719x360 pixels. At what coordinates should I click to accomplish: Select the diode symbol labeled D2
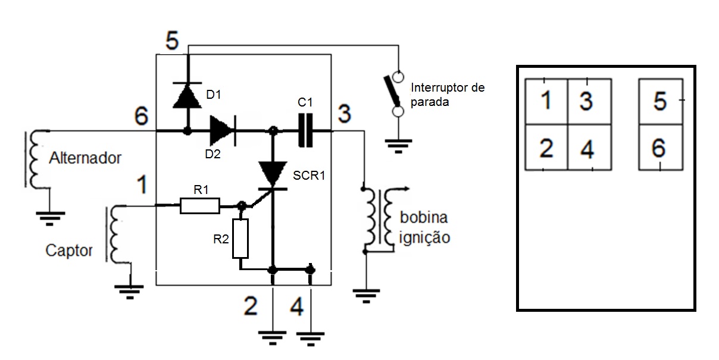(x=221, y=130)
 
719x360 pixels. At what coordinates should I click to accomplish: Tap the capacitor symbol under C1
(x=305, y=130)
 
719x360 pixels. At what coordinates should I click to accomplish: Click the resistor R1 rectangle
(x=199, y=206)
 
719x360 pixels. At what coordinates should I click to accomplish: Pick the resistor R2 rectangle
(x=240, y=239)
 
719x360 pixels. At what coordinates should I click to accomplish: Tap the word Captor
(x=69, y=251)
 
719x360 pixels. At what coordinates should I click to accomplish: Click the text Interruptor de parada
(x=448, y=95)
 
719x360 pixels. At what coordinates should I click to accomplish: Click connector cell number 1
(x=546, y=101)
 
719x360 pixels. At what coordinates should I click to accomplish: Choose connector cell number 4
(x=589, y=148)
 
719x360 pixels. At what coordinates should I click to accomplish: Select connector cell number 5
(x=660, y=101)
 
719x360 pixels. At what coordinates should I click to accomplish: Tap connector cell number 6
(x=660, y=148)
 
